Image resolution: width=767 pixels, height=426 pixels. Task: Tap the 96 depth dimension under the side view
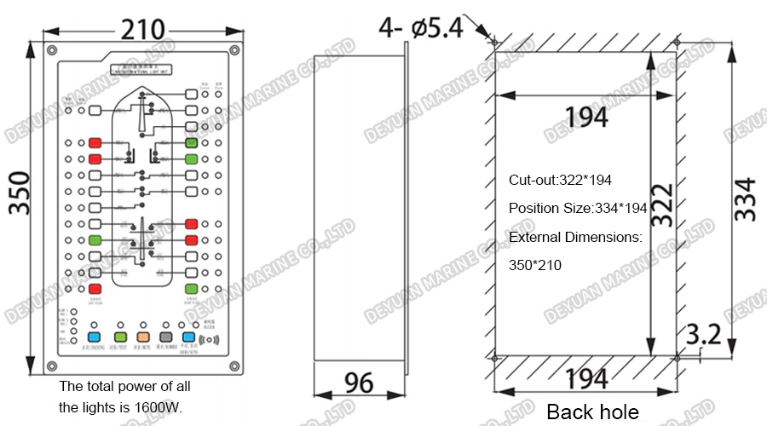(359, 383)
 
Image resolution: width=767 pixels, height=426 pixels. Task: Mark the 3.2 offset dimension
(703, 333)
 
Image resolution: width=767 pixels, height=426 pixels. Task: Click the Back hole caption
(592, 412)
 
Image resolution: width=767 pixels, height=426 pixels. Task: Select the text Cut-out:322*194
(560, 181)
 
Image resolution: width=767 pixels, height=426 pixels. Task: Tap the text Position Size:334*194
(577, 209)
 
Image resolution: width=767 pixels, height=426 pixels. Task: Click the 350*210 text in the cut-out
(535, 266)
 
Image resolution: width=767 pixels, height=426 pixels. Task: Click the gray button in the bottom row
(166, 337)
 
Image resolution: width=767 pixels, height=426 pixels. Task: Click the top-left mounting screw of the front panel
(53, 49)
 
